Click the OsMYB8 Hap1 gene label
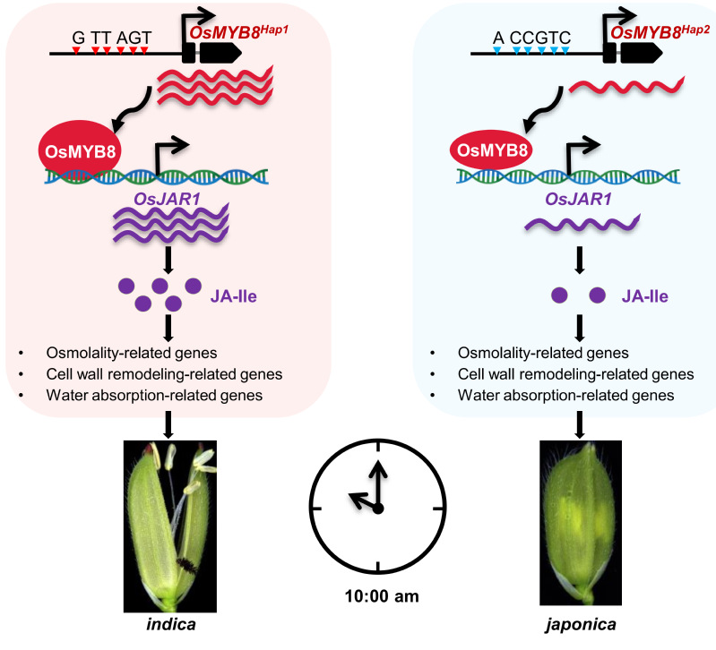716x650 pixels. click(x=239, y=32)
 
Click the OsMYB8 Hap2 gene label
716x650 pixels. click(x=660, y=32)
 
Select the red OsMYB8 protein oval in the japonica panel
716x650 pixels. click(x=492, y=150)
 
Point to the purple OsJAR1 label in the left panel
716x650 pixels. click(x=168, y=199)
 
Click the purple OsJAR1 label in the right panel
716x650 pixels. click(x=579, y=199)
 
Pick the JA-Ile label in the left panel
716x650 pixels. click(x=233, y=296)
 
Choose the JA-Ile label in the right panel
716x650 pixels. click(x=645, y=296)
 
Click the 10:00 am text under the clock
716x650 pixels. click(x=382, y=595)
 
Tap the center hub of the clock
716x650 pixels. click(x=377, y=509)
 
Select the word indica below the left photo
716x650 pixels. click(x=171, y=624)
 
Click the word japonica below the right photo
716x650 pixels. click(x=581, y=624)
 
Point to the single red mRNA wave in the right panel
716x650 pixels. click(x=626, y=86)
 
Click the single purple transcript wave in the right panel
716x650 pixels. click(x=582, y=223)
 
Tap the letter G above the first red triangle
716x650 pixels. click(x=78, y=38)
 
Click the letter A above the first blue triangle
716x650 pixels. click(x=498, y=38)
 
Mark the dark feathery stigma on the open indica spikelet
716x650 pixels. click(x=187, y=565)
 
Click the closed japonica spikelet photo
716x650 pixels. click(x=581, y=523)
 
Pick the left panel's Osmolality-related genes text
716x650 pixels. click(x=132, y=353)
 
